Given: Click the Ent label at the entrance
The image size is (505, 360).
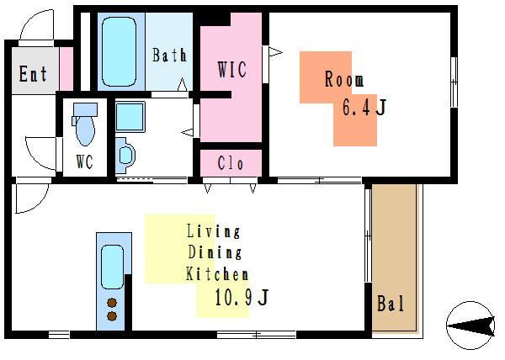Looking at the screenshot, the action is [x=33, y=74].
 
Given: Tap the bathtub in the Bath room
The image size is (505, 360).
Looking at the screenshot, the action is [x=119, y=51].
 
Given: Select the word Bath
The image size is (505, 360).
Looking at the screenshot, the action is [x=169, y=55].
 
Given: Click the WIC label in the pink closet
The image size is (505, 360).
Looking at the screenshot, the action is [x=232, y=69].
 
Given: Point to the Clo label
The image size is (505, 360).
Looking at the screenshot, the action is [x=231, y=163].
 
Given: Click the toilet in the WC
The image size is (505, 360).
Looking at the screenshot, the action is [x=85, y=124].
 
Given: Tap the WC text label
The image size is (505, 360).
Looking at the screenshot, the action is [x=85, y=161].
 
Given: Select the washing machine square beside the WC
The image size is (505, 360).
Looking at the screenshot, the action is [x=130, y=116].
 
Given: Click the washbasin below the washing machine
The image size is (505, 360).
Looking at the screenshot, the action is [x=125, y=156].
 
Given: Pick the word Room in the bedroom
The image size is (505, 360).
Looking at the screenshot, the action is [x=344, y=79].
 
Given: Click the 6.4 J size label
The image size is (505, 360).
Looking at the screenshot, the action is [x=364, y=107].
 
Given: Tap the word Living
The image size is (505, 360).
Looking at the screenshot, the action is [x=214, y=231].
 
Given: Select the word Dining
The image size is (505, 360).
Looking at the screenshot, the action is [x=215, y=251].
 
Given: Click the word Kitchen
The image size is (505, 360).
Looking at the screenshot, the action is [x=217, y=273].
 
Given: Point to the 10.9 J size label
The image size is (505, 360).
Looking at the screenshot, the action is [x=242, y=297].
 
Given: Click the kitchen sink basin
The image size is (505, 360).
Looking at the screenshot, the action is [x=113, y=267].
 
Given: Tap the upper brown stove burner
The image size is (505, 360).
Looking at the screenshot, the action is [x=112, y=303].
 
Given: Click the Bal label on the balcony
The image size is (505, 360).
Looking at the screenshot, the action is [x=391, y=303].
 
